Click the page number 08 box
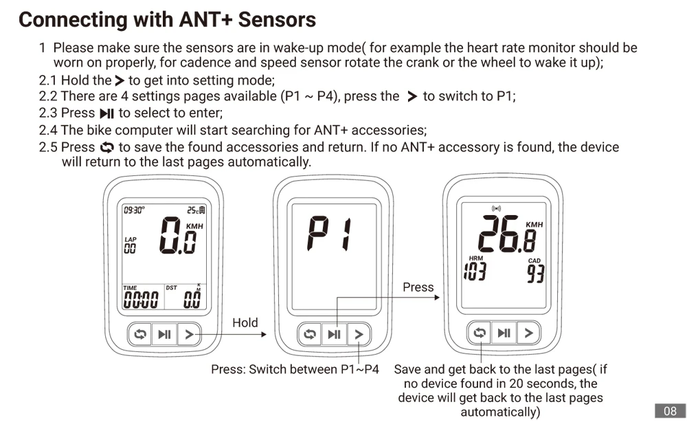[x=670, y=411]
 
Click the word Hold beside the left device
[x=245, y=322]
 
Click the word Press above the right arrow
[x=418, y=287]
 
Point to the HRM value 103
[x=474, y=271]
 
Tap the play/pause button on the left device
[x=164, y=335]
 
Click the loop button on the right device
[x=480, y=333]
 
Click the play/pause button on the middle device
[x=334, y=335]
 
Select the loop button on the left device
[x=140, y=335]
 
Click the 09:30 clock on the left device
[x=133, y=210]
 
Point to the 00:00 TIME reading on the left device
[x=140, y=299]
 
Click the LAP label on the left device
[x=130, y=239]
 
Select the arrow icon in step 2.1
[x=120, y=80]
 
